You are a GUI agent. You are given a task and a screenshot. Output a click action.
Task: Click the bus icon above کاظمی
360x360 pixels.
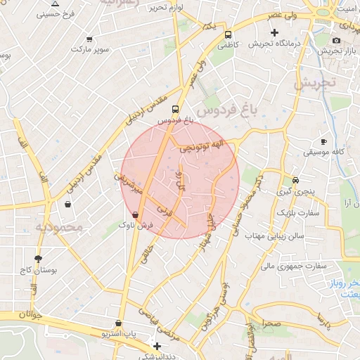tap(228, 34)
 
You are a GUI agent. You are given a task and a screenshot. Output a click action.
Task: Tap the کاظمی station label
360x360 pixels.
tap(227, 44)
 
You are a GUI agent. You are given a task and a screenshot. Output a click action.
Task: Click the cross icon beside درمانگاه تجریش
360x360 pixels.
tap(274, 32)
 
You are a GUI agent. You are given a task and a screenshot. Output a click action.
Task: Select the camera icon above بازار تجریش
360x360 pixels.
tap(337, 40)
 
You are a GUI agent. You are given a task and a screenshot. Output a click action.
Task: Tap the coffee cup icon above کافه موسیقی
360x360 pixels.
tap(323, 141)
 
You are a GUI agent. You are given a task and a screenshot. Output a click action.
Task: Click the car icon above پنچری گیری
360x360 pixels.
tap(295, 180)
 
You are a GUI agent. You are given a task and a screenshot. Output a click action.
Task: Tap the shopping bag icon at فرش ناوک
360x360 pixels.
tap(135, 214)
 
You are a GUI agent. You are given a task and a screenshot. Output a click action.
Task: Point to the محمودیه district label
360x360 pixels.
tap(59, 228)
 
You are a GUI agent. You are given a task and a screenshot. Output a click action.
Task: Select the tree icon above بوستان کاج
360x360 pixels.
tap(37, 258)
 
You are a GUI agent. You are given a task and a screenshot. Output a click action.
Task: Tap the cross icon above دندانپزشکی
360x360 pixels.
tap(157, 346)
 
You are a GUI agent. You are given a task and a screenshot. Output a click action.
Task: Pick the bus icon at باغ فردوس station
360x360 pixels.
tap(175, 109)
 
